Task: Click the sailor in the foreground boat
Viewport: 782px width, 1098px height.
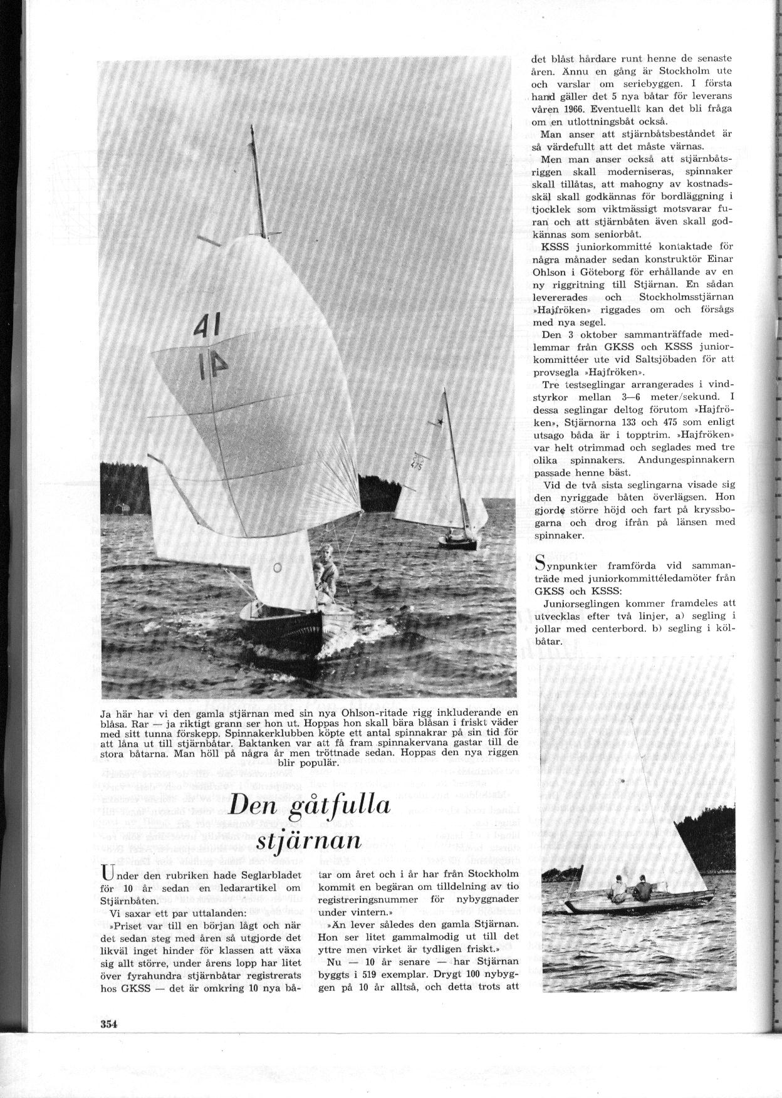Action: pyautogui.click(x=326, y=570)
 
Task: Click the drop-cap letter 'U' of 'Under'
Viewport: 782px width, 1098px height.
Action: pyautogui.click(x=107, y=876)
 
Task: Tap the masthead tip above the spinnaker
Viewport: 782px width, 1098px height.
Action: pyautogui.click(x=251, y=127)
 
